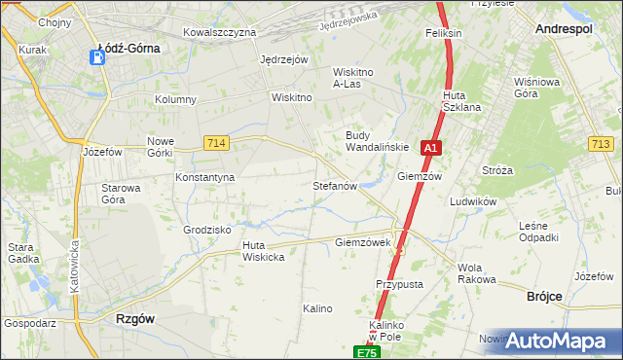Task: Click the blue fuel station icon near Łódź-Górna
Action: (98, 57)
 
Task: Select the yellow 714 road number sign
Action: (217, 143)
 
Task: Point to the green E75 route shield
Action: (366, 352)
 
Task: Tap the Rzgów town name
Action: (134, 318)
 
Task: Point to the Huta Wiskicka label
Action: (263, 251)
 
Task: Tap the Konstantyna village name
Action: (204, 178)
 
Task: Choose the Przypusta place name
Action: (399, 284)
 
